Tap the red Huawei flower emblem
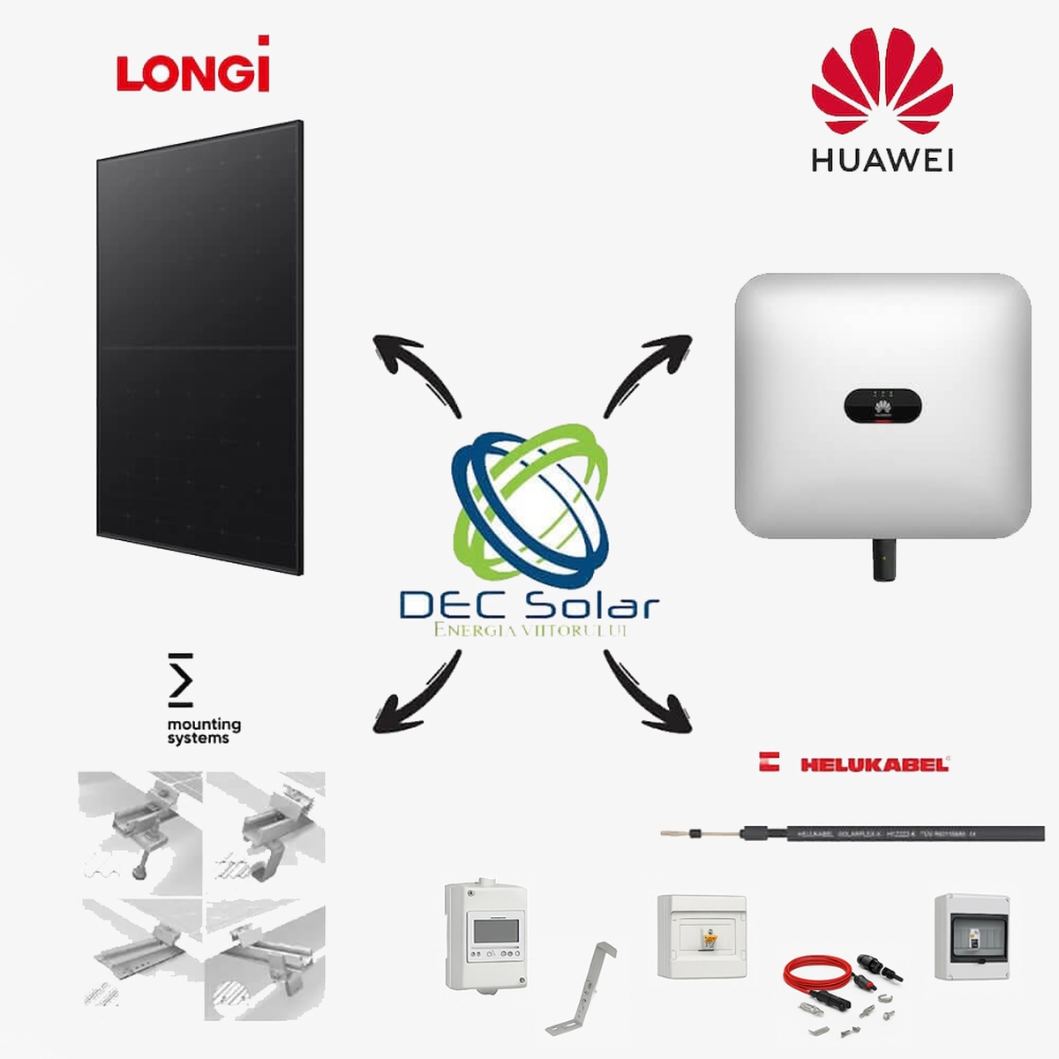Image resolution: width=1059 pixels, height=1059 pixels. [882, 80]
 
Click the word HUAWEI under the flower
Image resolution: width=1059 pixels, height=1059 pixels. [882, 161]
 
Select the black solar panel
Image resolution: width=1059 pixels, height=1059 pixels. [200, 347]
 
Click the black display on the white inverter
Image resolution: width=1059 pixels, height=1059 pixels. [882, 407]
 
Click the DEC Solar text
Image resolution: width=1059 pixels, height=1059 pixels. [529, 606]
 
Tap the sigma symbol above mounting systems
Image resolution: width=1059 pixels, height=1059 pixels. [180, 680]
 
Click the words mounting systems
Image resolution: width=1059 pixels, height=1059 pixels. [204, 731]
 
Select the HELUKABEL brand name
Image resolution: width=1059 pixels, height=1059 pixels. [874, 764]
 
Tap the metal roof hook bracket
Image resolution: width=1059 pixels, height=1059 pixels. [582, 988]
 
